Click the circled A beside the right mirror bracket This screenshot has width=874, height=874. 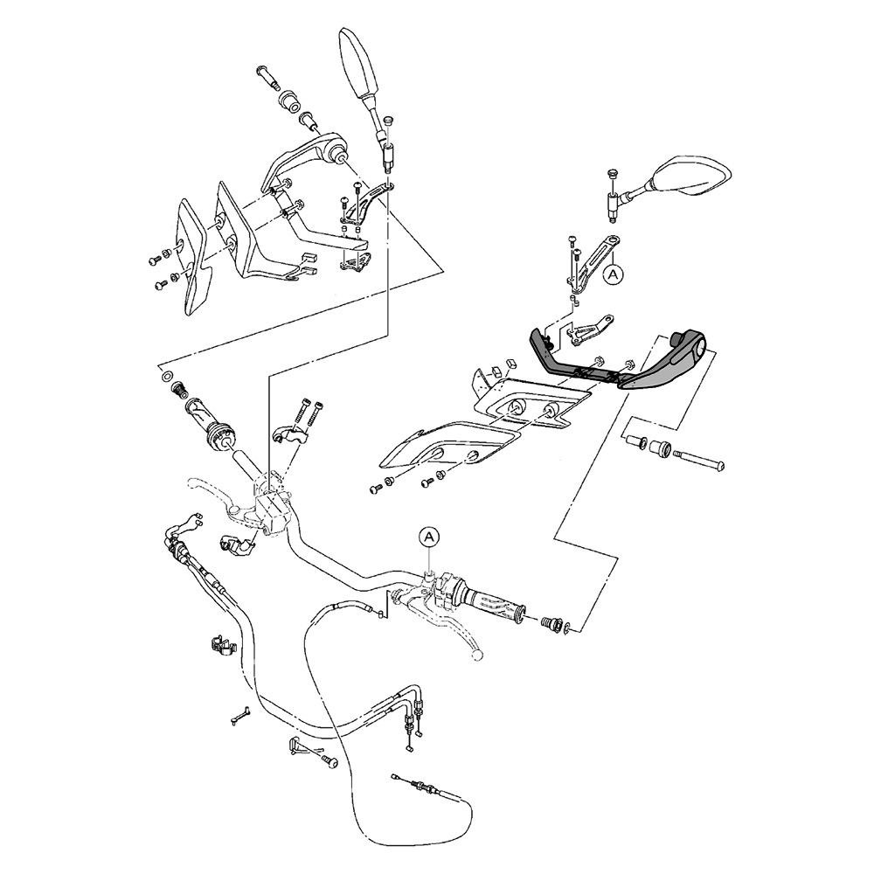coord(614,274)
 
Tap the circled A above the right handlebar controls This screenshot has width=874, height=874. coord(428,537)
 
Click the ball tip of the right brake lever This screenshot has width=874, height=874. coord(476,654)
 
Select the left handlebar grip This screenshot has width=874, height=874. coord(209,425)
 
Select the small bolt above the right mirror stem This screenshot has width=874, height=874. coord(611,174)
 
